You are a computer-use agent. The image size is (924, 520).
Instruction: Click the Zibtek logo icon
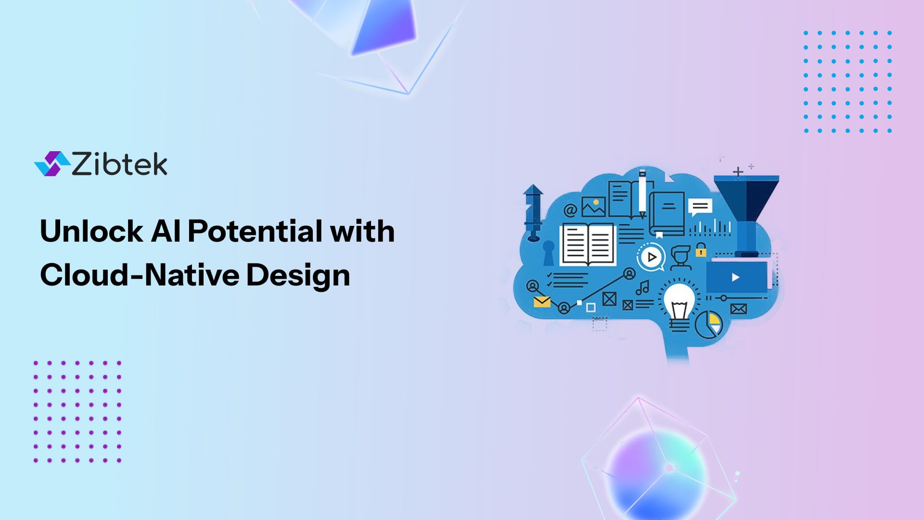click(x=52, y=164)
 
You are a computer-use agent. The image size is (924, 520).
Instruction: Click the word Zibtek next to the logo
click(x=119, y=164)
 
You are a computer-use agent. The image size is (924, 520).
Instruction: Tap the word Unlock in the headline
click(x=91, y=231)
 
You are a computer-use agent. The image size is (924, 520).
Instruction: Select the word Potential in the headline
click(x=255, y=231)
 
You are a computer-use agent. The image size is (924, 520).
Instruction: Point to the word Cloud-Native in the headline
click(x=140, y=275)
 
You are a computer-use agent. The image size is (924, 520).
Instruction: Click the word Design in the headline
click(x=298, y=275)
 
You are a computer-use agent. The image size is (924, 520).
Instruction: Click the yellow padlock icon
click(x=701, y=250)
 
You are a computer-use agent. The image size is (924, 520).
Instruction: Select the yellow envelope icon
click(x=542, y=302)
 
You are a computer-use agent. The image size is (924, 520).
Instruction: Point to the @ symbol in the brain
click(x=570, y=210)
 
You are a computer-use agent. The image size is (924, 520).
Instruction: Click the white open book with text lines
click(x=588, y=245)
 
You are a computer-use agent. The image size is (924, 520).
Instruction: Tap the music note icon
click(x=643, y=288)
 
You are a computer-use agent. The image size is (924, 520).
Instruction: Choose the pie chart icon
click(x=709, y=325)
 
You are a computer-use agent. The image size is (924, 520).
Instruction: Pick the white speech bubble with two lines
click(x=700, y=208)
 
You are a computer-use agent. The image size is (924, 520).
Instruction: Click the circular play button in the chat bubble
click(x=652, y=257)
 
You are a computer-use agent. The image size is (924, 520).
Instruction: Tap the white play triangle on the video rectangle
click(x=735, y=277)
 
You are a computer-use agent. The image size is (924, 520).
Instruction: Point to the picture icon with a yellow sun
click(x=593, y=207)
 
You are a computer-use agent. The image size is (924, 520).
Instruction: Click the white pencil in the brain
click(x=642, y=193)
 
